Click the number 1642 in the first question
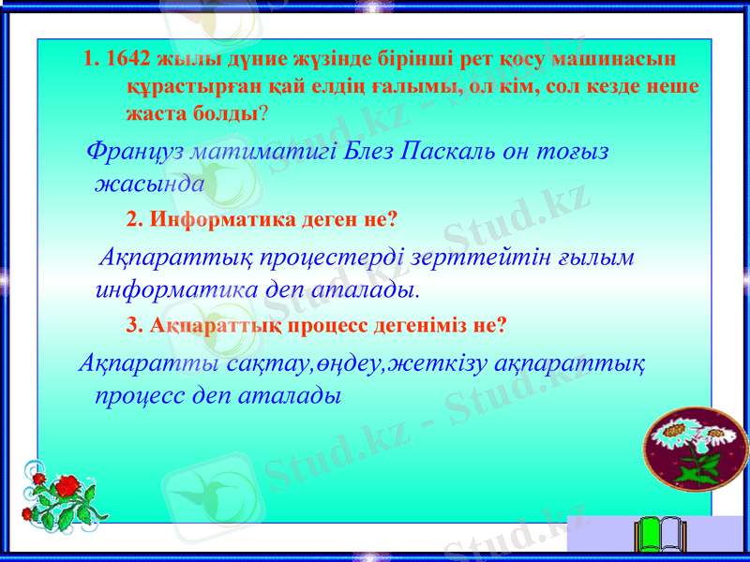tap(127, 57)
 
